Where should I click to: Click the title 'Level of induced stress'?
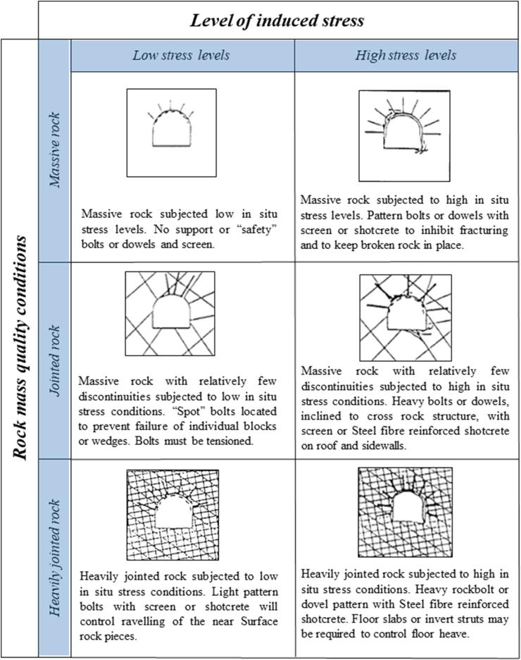click(x=277, y=20)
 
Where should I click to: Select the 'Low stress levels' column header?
click(x=181, y=55)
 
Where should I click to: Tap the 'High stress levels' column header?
click(x=406, y=55)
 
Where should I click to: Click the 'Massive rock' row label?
click(x=55, y=150)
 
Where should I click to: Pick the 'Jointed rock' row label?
click(x=55, y=360)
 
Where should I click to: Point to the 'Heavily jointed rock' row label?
click(x=55, y=558)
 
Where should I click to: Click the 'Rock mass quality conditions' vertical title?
click(x=20, y=348)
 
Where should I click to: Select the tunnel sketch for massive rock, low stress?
click(x=171, y=133)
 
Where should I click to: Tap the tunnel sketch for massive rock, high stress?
click(x=404, y=136)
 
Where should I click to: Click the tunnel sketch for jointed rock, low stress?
click(x=170, y=314)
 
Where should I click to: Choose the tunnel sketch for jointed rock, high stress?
click(x=406, y=318)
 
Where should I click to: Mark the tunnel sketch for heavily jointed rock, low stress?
click(x=172, y=515)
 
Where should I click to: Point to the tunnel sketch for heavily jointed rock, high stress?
click(x=406, y=512)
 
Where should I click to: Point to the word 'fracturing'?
click(x=484, y=231)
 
